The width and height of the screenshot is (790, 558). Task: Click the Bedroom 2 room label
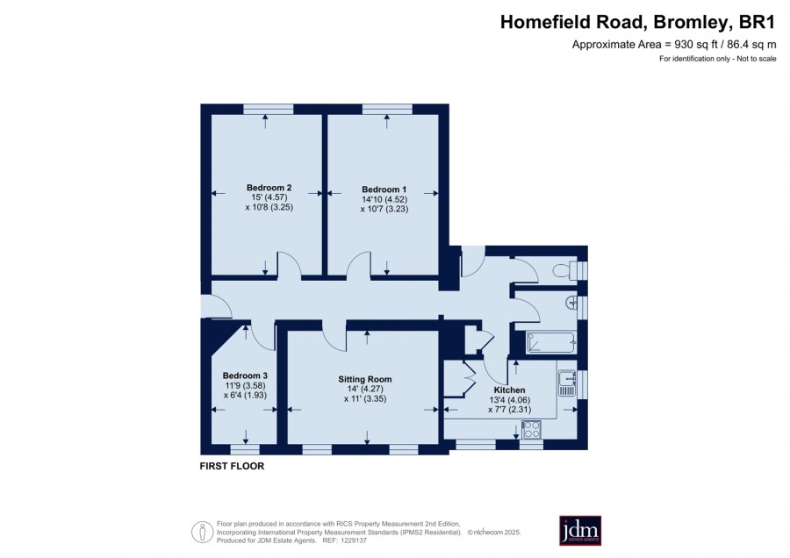tap(269, 188)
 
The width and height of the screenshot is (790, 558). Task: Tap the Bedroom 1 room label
tap(384, 190)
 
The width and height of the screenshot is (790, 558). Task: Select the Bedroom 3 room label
tap(245, 376)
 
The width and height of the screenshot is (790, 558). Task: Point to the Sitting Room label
tap(365, 379)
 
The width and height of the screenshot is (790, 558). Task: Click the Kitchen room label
tap(509, 390)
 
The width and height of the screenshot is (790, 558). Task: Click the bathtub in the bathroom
tap(550, 342)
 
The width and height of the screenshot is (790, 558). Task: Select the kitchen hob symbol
tap(532, 430)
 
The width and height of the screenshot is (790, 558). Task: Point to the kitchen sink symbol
tap(567, 383)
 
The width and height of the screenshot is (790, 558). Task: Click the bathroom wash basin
tap(571, 303)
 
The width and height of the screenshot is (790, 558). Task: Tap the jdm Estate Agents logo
tap(580, 530)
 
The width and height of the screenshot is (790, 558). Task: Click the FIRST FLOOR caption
tap(232, 466)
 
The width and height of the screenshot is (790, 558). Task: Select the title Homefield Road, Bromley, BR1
tap(637, 23)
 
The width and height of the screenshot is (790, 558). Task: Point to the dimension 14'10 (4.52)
tap(384, 199)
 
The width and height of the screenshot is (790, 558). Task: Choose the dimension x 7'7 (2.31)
tap(509, 410)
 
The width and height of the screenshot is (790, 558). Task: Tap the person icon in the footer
tap(203, 532)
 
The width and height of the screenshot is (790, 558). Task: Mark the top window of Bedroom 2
tap(268, 109)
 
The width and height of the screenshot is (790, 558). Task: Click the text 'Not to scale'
tap(757, 59)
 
